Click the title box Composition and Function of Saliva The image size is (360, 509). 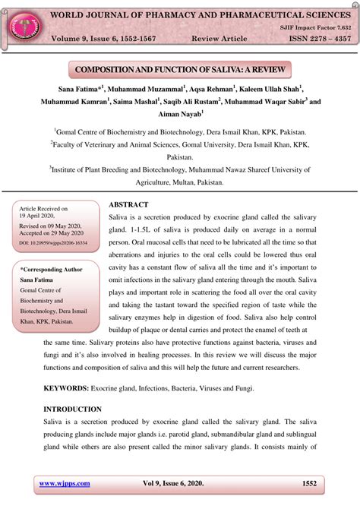pyautogui.click(x=180, y=70)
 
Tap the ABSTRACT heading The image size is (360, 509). pyautogui.click(x=128, y=205)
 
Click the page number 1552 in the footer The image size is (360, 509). pyautogui.click(x=308, y=483)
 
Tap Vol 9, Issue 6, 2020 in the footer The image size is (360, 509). pyautogui.click(x=180, y=483)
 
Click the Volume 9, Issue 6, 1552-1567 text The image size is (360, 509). pyautogui.click(x=106, y=37)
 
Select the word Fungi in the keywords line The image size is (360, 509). pyautogui.click(x=241, y=388)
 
